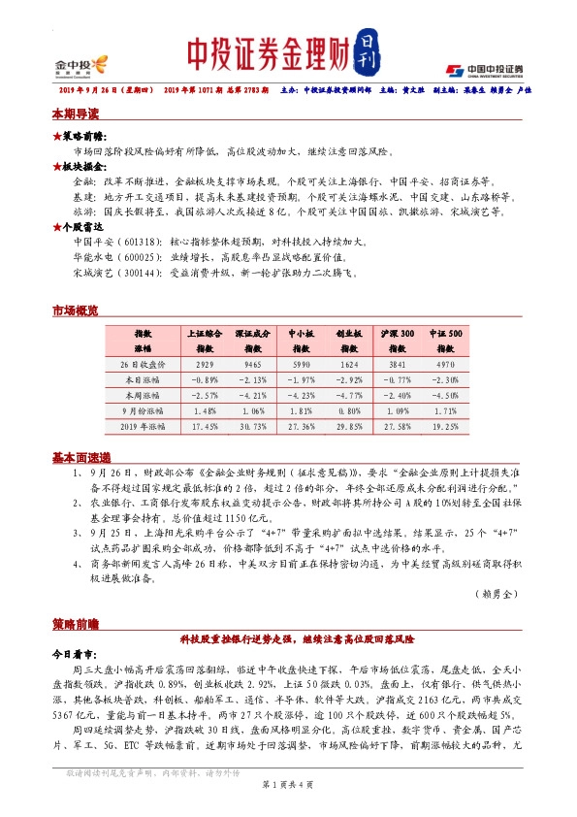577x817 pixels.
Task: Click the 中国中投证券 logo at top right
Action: coord(484,70)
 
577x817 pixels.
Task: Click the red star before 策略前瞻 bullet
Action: coord(56,137)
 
